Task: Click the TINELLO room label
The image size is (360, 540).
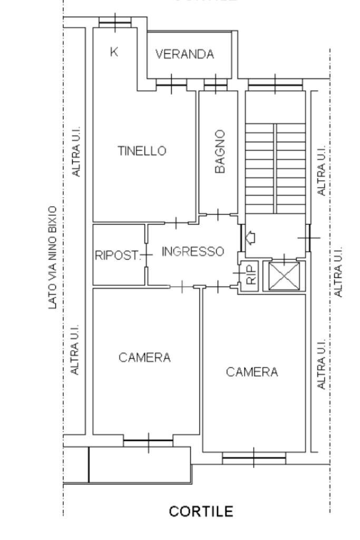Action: (141, 151)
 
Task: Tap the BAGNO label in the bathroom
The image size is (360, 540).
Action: (220, 152)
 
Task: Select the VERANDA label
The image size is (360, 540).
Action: (185, 54)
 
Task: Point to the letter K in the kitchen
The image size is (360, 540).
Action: (114, 51)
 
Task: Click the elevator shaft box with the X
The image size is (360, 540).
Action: (284, 275)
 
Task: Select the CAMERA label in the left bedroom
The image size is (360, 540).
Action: (144, 358)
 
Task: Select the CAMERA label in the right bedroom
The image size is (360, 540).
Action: (252, 372)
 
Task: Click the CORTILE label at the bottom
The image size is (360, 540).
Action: (200, 511)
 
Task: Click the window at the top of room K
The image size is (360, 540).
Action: (115, 22)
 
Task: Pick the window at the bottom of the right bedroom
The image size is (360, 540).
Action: (254, 457)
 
